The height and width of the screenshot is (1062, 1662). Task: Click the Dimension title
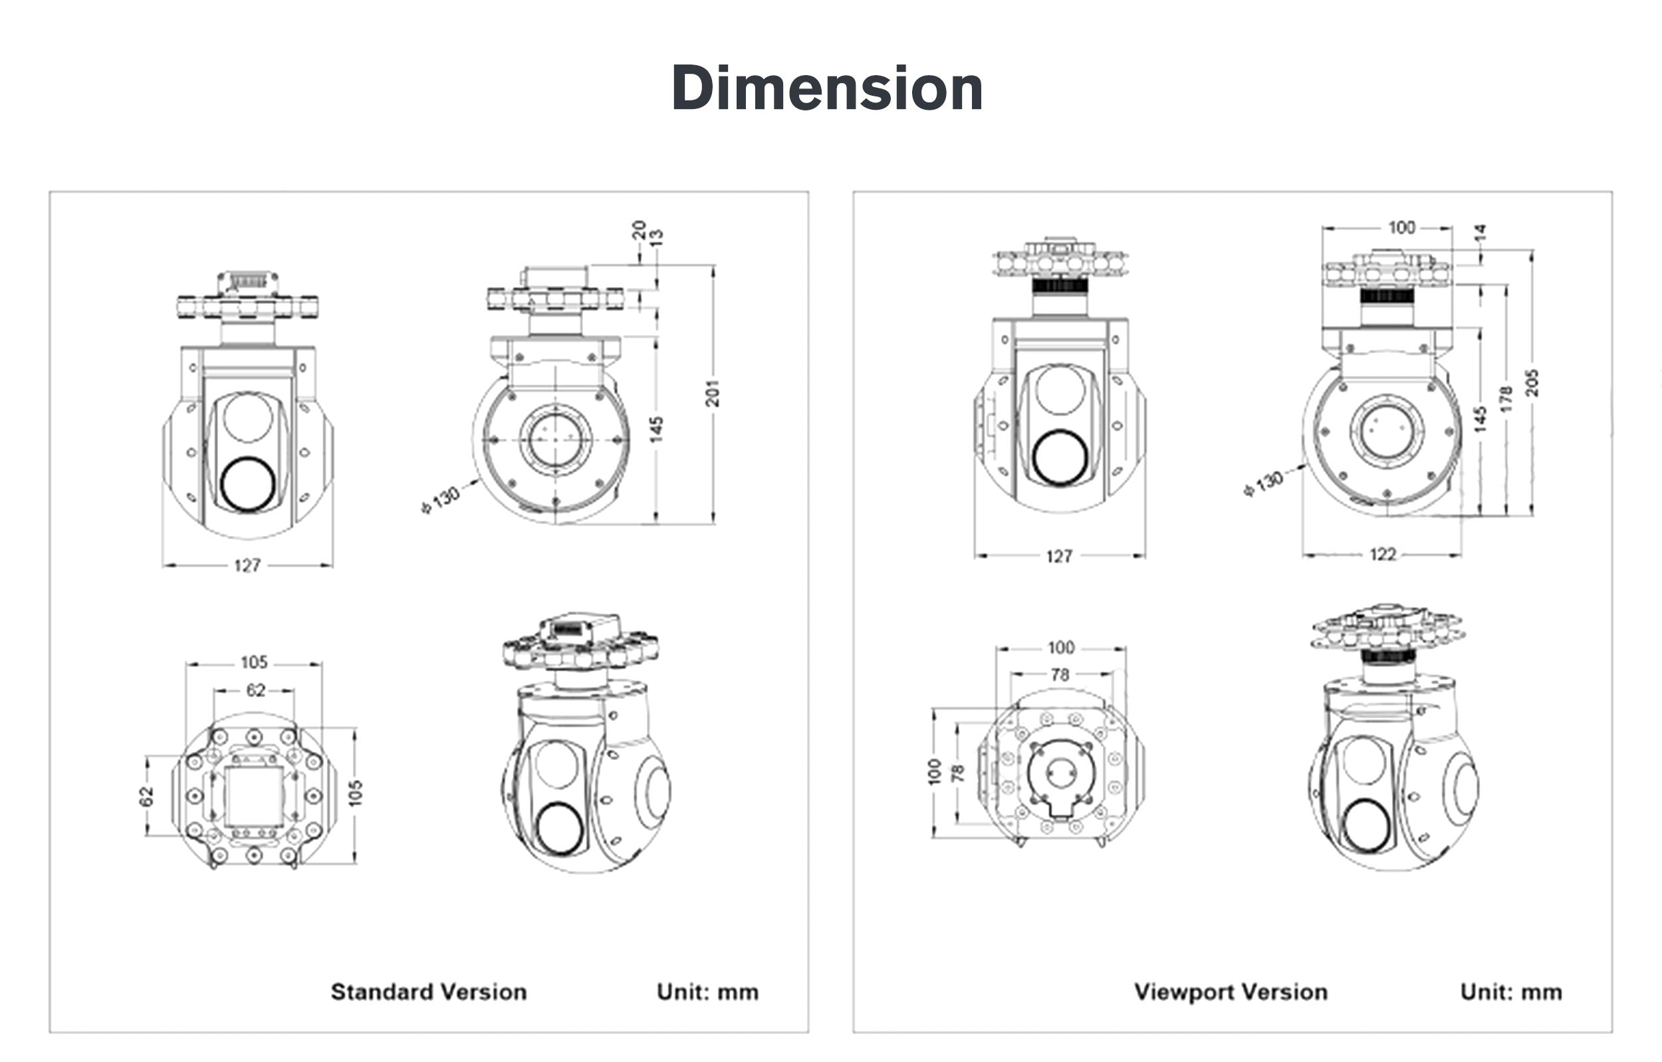coord(827,88)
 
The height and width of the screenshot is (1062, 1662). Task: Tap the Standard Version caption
coord(429,992)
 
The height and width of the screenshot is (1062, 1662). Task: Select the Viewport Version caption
coord(1231,992)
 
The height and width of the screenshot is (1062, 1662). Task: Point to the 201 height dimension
coord(712,393)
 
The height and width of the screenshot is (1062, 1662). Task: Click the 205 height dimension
coord(1532,382)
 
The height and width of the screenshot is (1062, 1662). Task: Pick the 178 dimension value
coord(1506,399)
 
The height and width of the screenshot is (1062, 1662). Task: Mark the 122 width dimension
coord(1383,555)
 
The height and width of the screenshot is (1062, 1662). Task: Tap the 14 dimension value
coord(1479,233)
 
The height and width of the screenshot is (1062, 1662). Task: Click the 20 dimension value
coord(638,230)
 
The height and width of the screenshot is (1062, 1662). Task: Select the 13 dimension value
coord(656,237)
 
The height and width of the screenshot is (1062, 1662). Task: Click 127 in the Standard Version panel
coord(247,565)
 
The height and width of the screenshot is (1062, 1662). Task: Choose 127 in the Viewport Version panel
coord(1059,556)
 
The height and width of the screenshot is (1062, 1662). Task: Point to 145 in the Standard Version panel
coord(656,429)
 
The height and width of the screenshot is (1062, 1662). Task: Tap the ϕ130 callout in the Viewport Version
coord(1263,484)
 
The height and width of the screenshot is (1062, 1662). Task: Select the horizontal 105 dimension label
coord(254,663)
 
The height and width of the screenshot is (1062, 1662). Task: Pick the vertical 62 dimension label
coord(146,796)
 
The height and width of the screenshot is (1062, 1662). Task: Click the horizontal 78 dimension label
coord(1060,674)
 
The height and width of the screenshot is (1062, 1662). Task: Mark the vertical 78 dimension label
coord(957,773)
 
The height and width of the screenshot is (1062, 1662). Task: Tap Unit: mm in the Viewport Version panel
coord(1511,992)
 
